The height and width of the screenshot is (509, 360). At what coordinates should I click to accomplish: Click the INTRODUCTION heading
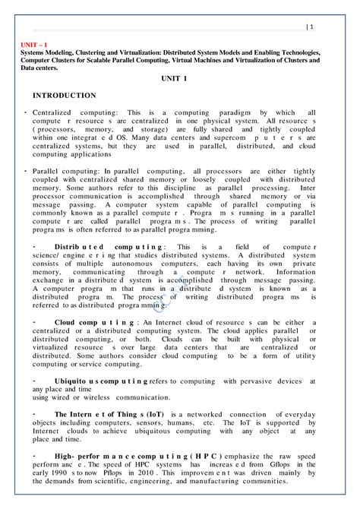pos(64,96)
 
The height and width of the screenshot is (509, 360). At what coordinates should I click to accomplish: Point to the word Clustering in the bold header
pos(112,53)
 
